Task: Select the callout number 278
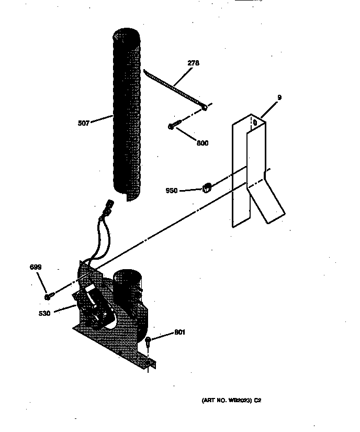point(194,64)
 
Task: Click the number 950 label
point(172,191)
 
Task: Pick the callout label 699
point(35,268)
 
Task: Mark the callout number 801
point(179,332)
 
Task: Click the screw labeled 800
point(175,126)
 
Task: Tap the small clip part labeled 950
point(206,185)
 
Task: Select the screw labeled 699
point(48,296)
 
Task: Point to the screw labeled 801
point(150,341)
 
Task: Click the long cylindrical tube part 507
point(127,115)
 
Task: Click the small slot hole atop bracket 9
point(254,124)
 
